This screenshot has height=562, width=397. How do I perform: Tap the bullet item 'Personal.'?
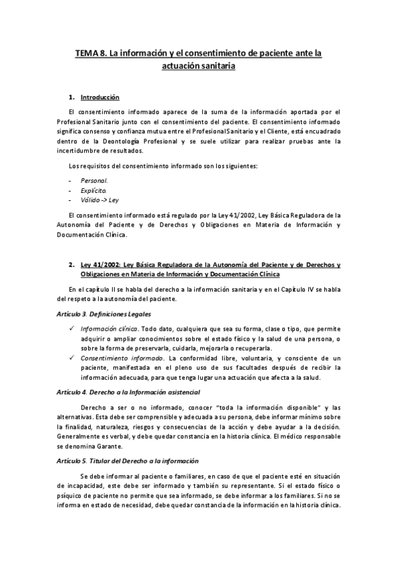94,180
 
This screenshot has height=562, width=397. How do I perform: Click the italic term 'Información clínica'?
109,329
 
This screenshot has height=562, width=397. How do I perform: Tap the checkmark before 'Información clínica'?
72,329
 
